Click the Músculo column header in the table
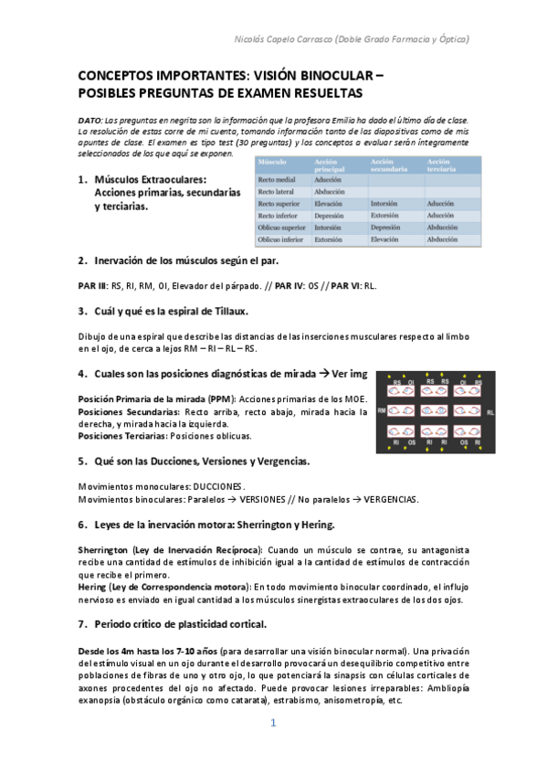pos(271,161)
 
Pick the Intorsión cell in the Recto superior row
pos(387,204)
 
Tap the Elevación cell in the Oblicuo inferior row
pos(386,239)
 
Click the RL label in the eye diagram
pos(489,412)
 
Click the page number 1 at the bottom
pos(272,722)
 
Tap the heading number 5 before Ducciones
pos(81,461)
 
